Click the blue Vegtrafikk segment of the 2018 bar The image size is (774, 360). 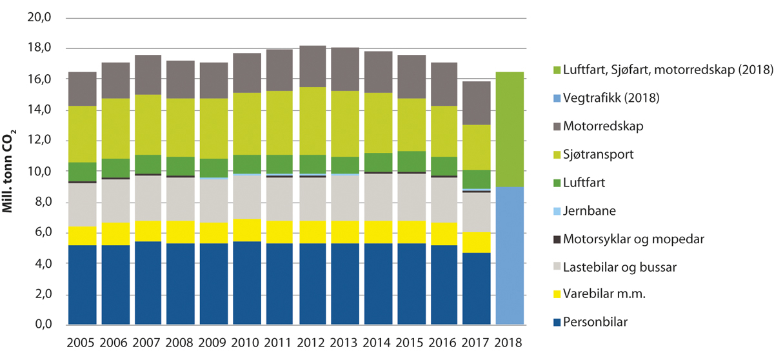(510, 255)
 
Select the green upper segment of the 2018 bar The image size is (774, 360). (510, 129)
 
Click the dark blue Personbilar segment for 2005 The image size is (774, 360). (82, 285)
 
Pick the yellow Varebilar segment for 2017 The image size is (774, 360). (477, 242)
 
